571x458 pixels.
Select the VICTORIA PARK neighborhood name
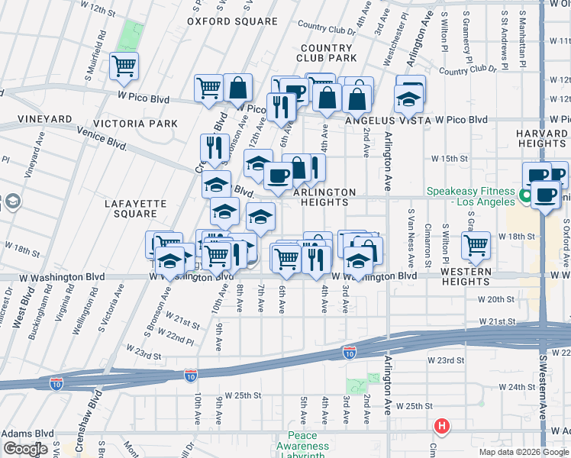[135, 123]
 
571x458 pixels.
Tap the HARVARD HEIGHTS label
[541, 138]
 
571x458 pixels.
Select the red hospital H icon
[440, 426]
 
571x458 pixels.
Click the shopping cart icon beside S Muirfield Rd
[124, 66]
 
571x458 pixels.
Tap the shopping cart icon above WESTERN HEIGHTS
[476, 245]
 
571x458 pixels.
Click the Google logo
[25, 449]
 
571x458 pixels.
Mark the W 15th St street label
[448, 158]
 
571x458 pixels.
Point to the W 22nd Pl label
[166, 337]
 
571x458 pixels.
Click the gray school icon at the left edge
[12, 202]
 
